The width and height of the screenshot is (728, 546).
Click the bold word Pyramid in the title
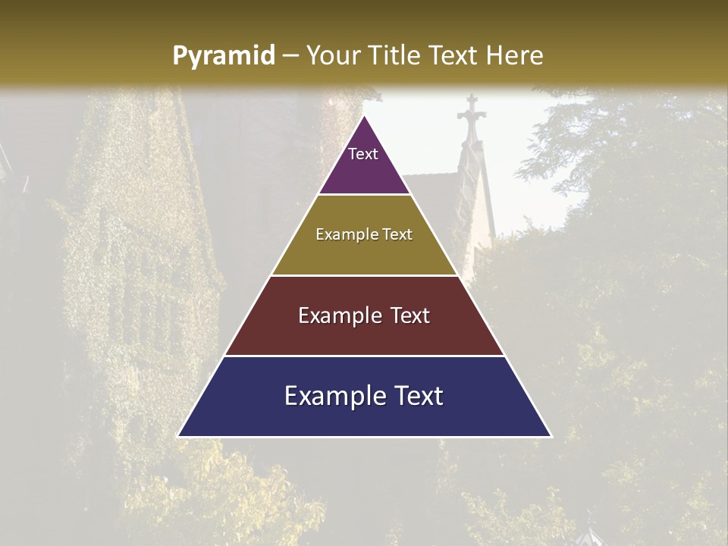[223, 56]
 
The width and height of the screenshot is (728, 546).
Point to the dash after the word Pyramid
[290, 56]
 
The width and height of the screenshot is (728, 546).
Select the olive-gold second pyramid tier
[364, 250]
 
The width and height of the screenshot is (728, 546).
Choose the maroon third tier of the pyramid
[364, 334]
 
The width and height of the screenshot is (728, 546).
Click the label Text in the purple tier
[363, 154]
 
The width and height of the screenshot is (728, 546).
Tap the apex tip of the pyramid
[365, 116]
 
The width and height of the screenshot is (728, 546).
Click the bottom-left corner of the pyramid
[179, 436]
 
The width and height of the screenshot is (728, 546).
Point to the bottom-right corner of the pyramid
[551, 436]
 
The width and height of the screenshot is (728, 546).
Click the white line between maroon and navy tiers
[364, 356]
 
